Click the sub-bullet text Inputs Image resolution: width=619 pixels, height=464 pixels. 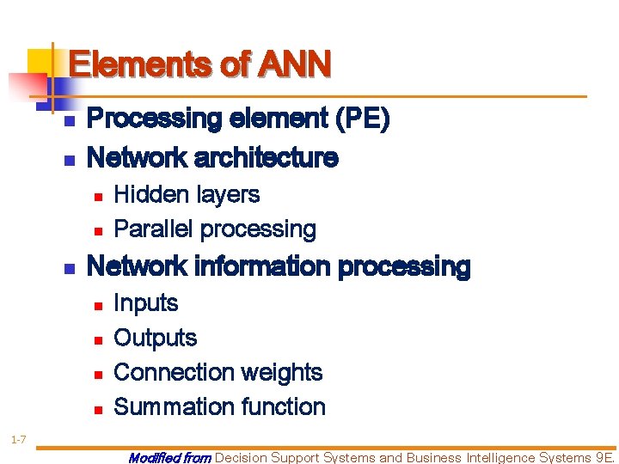[x=145, y=303]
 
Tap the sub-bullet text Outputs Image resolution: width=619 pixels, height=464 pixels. [x=155, y=338]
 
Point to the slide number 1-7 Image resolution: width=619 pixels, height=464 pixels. [x=18, y=441]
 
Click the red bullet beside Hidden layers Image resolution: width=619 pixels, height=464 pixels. [x=98, y=197]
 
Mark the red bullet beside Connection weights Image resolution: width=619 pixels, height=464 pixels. [x=98, y=374]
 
